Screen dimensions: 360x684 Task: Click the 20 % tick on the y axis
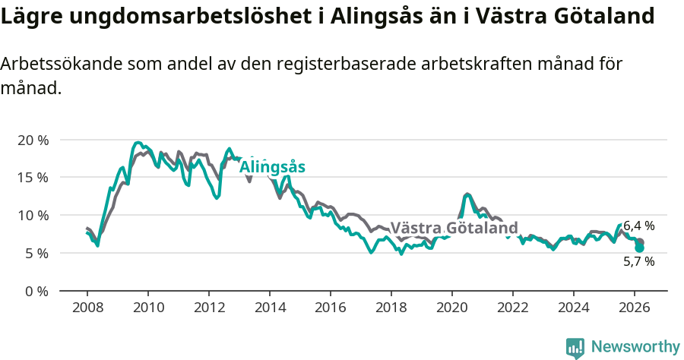[33, 141]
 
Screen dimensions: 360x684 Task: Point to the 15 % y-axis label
[33, 178]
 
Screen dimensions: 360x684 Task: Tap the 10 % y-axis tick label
[33, 216]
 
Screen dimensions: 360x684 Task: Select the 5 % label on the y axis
[36, 253]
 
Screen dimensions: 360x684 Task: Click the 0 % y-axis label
[36, 291]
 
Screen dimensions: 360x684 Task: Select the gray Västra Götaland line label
[454, 228]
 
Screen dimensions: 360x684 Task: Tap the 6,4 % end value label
[638, 226]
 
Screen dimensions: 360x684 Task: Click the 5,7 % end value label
[638, 261]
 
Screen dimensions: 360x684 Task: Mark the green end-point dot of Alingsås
[639, 248]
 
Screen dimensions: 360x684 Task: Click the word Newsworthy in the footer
[635, 347]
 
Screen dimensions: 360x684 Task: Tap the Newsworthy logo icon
[575, 348]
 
